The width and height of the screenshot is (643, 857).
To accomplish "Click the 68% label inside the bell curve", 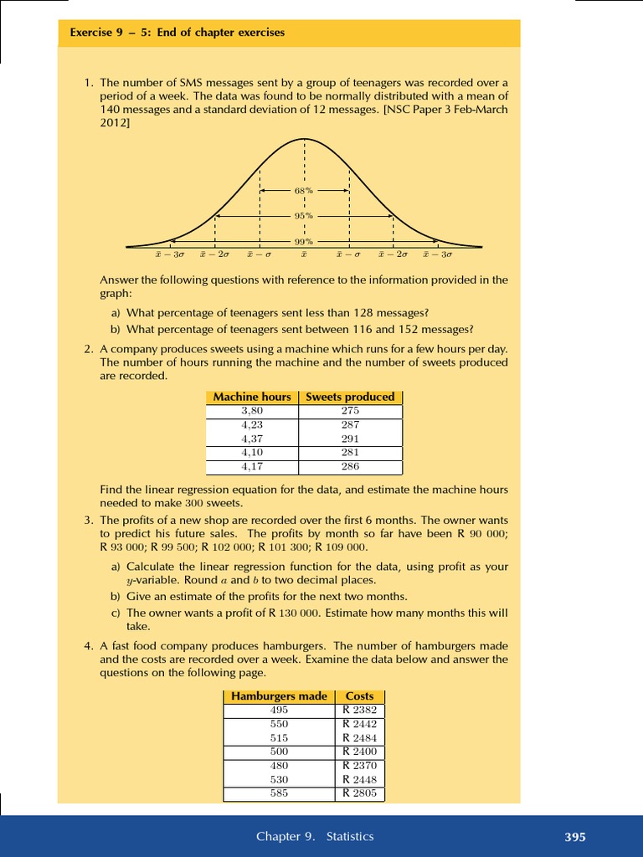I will coord(303,190).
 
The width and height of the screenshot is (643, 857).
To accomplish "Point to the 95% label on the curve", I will coord(303,216).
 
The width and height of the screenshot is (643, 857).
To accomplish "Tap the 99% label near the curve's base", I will coord(303,242).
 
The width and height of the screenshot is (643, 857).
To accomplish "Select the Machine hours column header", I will coord(252,397).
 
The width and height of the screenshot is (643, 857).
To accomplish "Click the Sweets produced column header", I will coord(350,397).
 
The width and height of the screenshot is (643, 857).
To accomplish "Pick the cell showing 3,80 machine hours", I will coord(252,411).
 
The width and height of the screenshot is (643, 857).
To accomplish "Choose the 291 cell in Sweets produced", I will coord(350,439).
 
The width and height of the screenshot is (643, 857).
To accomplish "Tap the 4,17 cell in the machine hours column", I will coord(252,466).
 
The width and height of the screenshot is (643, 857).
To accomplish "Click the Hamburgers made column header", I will coord(279,696).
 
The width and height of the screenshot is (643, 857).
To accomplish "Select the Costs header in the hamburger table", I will coord(359,696).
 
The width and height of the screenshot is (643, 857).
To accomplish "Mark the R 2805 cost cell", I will coord(359,793).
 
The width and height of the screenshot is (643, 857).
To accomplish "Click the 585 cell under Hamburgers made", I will coord(279,793).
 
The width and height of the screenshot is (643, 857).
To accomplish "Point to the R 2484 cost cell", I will coord(359,737).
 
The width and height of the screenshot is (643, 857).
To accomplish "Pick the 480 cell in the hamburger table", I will coord(279,765).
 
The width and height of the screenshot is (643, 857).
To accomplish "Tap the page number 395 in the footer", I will coord(574,837).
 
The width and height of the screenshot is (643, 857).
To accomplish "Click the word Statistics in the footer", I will coord(350,836).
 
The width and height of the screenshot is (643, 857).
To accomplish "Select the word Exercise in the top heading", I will coord(90,33).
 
